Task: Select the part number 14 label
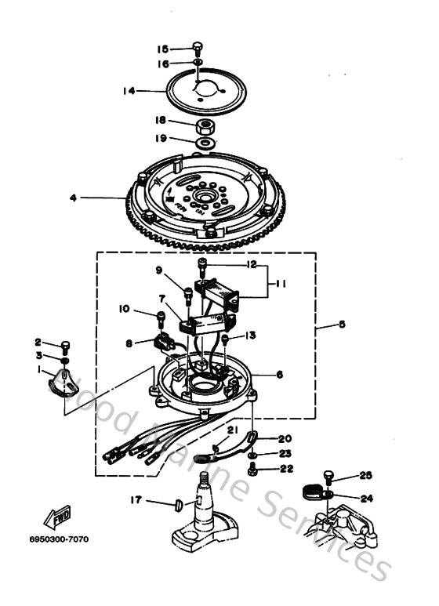(x=128, y=91)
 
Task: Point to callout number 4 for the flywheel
(x=73, y=198)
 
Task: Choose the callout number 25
(x=365, y=476)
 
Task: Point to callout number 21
(x=233, y=430)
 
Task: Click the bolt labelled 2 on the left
(x=66, y=346)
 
